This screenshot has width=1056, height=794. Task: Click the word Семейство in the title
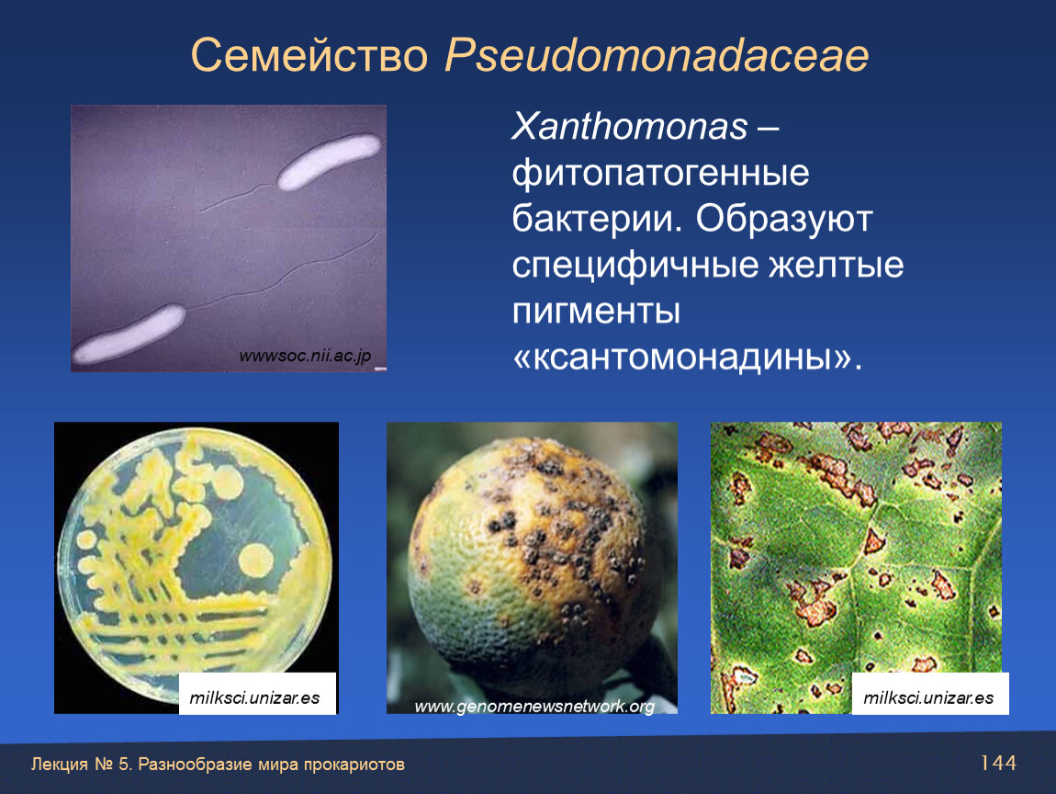(x=309, y=55)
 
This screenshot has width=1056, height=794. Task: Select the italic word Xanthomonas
(x=630, y=126)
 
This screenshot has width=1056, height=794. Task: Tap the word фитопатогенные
(x=660, y=174)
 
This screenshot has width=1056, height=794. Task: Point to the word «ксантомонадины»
(x=687, y=357)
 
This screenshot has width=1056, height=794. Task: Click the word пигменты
(x=596, y=312)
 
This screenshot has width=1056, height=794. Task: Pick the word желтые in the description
(x=837, y=265)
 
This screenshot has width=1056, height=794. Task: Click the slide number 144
(x=998, y=763)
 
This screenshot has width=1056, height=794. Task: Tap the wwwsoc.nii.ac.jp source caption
(x=305, y=356)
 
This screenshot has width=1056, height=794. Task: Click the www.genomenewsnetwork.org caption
(x=534, y=707)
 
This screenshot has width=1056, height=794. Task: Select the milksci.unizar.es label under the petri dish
(x=254, y=698)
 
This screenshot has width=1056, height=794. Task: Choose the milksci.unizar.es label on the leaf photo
(x=928, y=698)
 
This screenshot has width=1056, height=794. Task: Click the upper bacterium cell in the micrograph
(x=330, y=161)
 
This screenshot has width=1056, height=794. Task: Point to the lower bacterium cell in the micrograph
(x=129, y=335)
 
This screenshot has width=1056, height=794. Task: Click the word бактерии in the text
(x=592, y=219)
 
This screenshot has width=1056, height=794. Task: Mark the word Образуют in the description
(x=784, y=220)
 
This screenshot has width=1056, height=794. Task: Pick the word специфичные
(x=635, y=266)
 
